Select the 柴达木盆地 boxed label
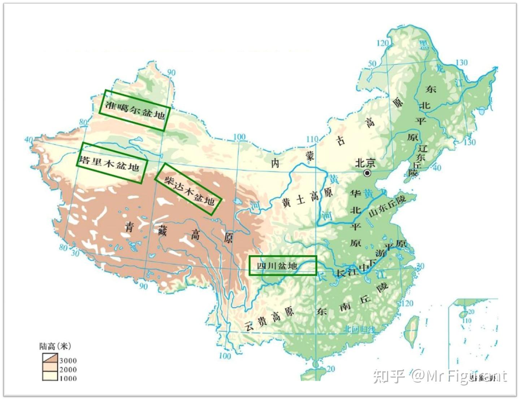pos(188,189)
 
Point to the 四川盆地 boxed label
pos(283,265)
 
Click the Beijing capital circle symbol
pos(368,173)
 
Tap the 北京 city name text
pos(365,163)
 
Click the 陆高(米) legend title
pos(55,346)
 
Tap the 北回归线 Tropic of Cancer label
pos(359,329)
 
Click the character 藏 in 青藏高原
pos(162,230)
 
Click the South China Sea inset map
pos(473,332)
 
